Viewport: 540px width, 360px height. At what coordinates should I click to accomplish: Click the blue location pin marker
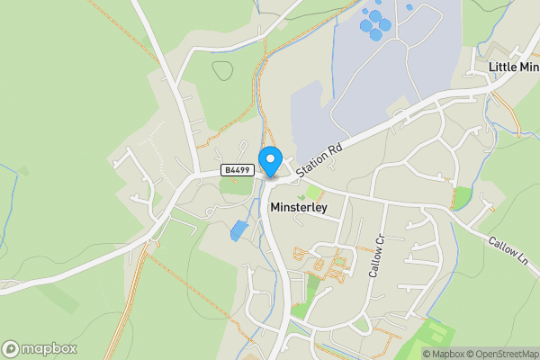pos(269,161)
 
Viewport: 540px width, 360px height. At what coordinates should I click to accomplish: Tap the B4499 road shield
pos(236,169)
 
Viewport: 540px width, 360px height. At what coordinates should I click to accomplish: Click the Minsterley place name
pos(298,207)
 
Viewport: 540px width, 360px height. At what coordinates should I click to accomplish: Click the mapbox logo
pos(40,348)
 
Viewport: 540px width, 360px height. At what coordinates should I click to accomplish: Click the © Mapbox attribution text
pos(445,354)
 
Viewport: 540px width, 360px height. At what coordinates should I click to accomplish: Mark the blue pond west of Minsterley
pos(238,230)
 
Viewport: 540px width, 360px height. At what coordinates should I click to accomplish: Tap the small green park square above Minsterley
pos(312,193)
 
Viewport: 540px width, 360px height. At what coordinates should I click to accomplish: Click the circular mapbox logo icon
pos(11,348)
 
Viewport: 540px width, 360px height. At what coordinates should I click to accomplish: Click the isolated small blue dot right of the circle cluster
pos(409,7)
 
